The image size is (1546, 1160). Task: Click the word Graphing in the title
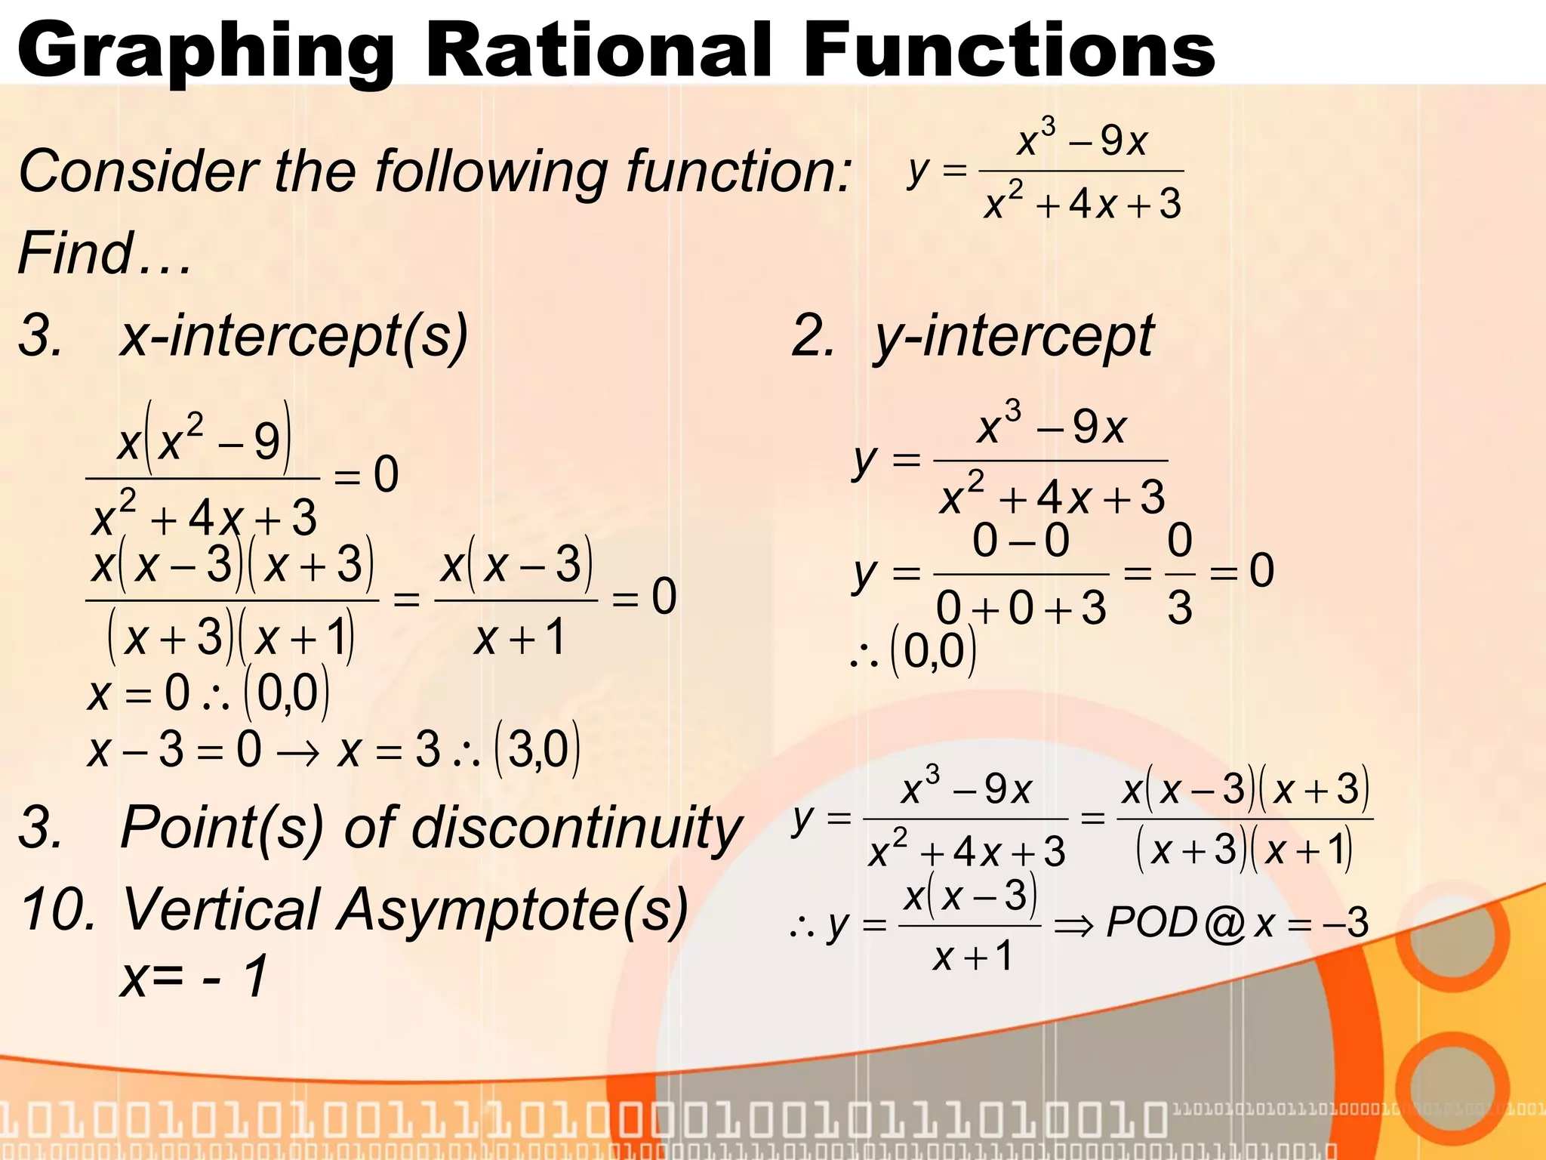click(x=205, y=51)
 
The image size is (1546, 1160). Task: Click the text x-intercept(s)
click(x=294, y=335)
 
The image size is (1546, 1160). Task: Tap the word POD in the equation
click(x=1152, y=922)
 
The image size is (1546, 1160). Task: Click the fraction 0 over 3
click(x=1179, y=574)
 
